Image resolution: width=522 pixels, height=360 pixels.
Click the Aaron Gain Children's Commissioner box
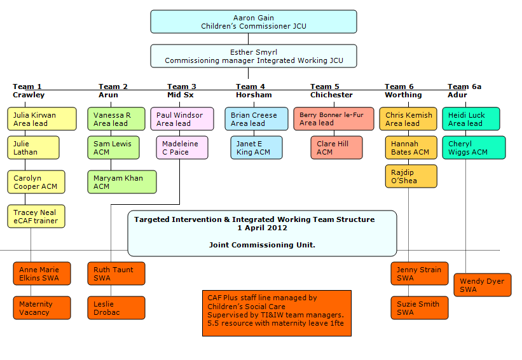click(x=253, y=22)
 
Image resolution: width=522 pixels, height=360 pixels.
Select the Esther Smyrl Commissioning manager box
click(x=253, y=56)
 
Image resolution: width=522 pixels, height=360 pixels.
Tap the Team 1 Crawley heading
click(x=29, y=91)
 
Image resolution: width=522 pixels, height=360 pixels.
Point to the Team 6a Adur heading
click(x=464, y=91)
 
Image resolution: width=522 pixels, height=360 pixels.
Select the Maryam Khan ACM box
click(x=121, y=182)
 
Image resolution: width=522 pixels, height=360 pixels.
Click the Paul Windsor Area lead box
click(x=179, y=119)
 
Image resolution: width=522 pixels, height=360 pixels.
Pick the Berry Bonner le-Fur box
click(x=331, y=119)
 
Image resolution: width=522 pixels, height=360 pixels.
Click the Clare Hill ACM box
click(x=336, y=148)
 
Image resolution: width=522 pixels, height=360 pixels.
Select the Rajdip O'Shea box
click(x=410, y=176)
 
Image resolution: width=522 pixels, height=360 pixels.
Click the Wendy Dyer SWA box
click(x=482, y=285)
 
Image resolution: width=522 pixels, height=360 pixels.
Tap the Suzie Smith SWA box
click(x=419, y=308)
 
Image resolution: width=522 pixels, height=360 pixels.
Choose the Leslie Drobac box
click(x=116, y=308)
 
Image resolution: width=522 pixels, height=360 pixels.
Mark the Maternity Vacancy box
click(x=41, y=308)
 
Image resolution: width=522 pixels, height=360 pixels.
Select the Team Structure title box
click(x=262, y=233)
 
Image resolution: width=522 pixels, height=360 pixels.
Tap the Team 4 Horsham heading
click(x=254, y=91)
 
